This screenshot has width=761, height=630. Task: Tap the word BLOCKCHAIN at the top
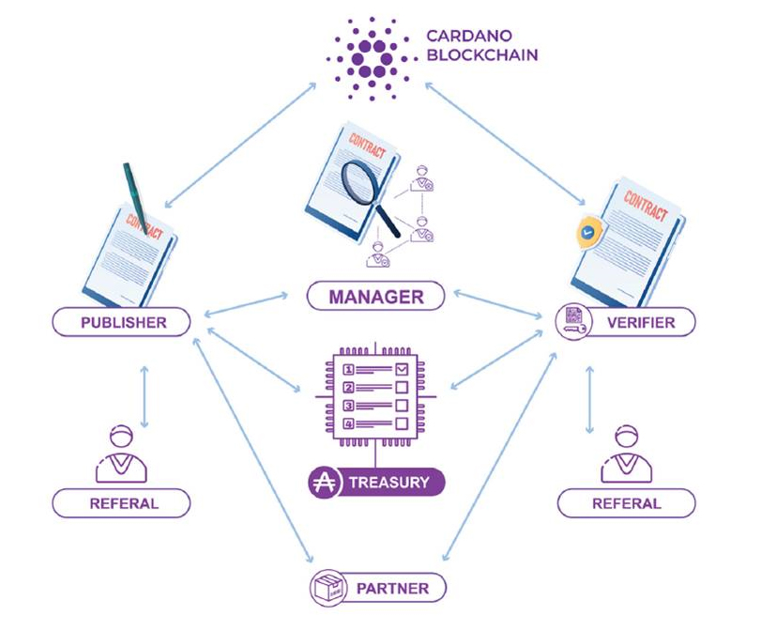point(482,55)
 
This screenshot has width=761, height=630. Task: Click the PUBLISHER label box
point(122,323)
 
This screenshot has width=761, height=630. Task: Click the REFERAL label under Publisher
point(123,503)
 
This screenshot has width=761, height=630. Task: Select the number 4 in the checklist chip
point(349,424)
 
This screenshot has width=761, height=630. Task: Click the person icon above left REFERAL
point(122,453)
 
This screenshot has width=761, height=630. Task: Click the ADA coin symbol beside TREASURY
point(324,484)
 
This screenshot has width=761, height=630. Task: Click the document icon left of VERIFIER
point(571,323)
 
